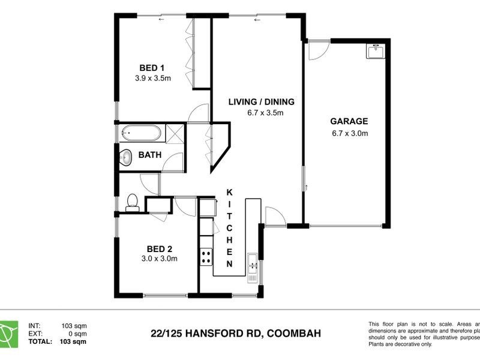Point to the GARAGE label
[349, 121]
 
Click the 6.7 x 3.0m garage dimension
[349, 133]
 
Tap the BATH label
[150, 155]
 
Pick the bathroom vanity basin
[126, 157]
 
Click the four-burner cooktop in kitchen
[206, 257]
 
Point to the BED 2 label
[160, 248]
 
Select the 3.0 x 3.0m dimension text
[160, 259]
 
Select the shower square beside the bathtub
[173, 132]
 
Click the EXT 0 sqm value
[77, 334]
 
